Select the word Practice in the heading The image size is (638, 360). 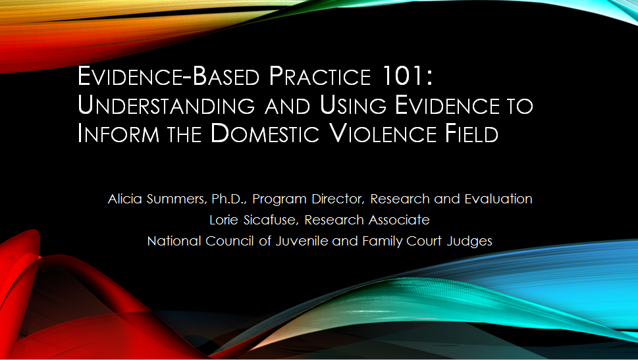click(319, 76)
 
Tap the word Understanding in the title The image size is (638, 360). click(166, 105)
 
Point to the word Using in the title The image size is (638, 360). click(353, 105)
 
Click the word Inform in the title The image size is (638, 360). click(119, 134)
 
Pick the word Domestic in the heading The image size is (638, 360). click(265, 134)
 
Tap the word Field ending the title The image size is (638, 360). click(472, 134)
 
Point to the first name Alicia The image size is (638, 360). click(125, 199)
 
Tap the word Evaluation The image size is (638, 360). click(498, 199)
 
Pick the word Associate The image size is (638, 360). click(399, 220)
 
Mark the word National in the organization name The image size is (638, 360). click(174, 242)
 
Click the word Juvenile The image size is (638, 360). click(302, 242)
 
